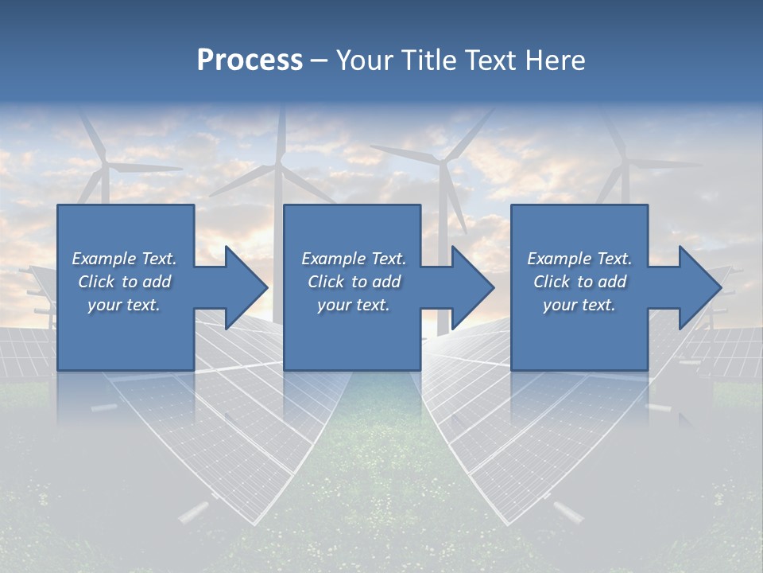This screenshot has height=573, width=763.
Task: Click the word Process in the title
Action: pos(250,60)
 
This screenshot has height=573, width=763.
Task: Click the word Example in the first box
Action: pos(103,259)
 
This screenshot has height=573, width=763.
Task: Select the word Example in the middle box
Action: pos(333,259)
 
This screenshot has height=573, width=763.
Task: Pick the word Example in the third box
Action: pos(559,259)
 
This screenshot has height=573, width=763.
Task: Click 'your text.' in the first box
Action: pos(124,305)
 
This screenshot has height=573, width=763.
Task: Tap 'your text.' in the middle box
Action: pos(354,305)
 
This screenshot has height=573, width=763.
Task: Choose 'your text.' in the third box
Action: pos(579,305)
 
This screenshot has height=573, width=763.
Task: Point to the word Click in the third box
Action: pos(552,282)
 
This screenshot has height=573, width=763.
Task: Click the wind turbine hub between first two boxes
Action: pos(279,166)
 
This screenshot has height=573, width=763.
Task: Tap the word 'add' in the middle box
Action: pos(386,282)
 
